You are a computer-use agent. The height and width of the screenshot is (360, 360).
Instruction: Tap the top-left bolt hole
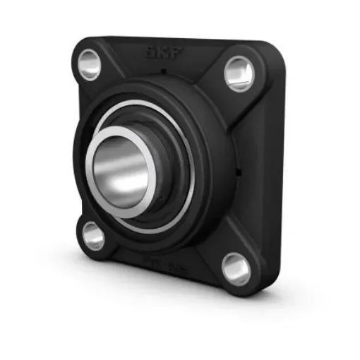coord(90,64)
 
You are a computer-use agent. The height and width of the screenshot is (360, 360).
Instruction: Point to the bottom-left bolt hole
coord(93,235)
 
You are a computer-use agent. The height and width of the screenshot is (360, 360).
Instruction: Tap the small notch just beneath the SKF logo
coord(162,71)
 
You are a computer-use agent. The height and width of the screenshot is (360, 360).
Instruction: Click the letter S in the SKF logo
coord(150,52)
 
